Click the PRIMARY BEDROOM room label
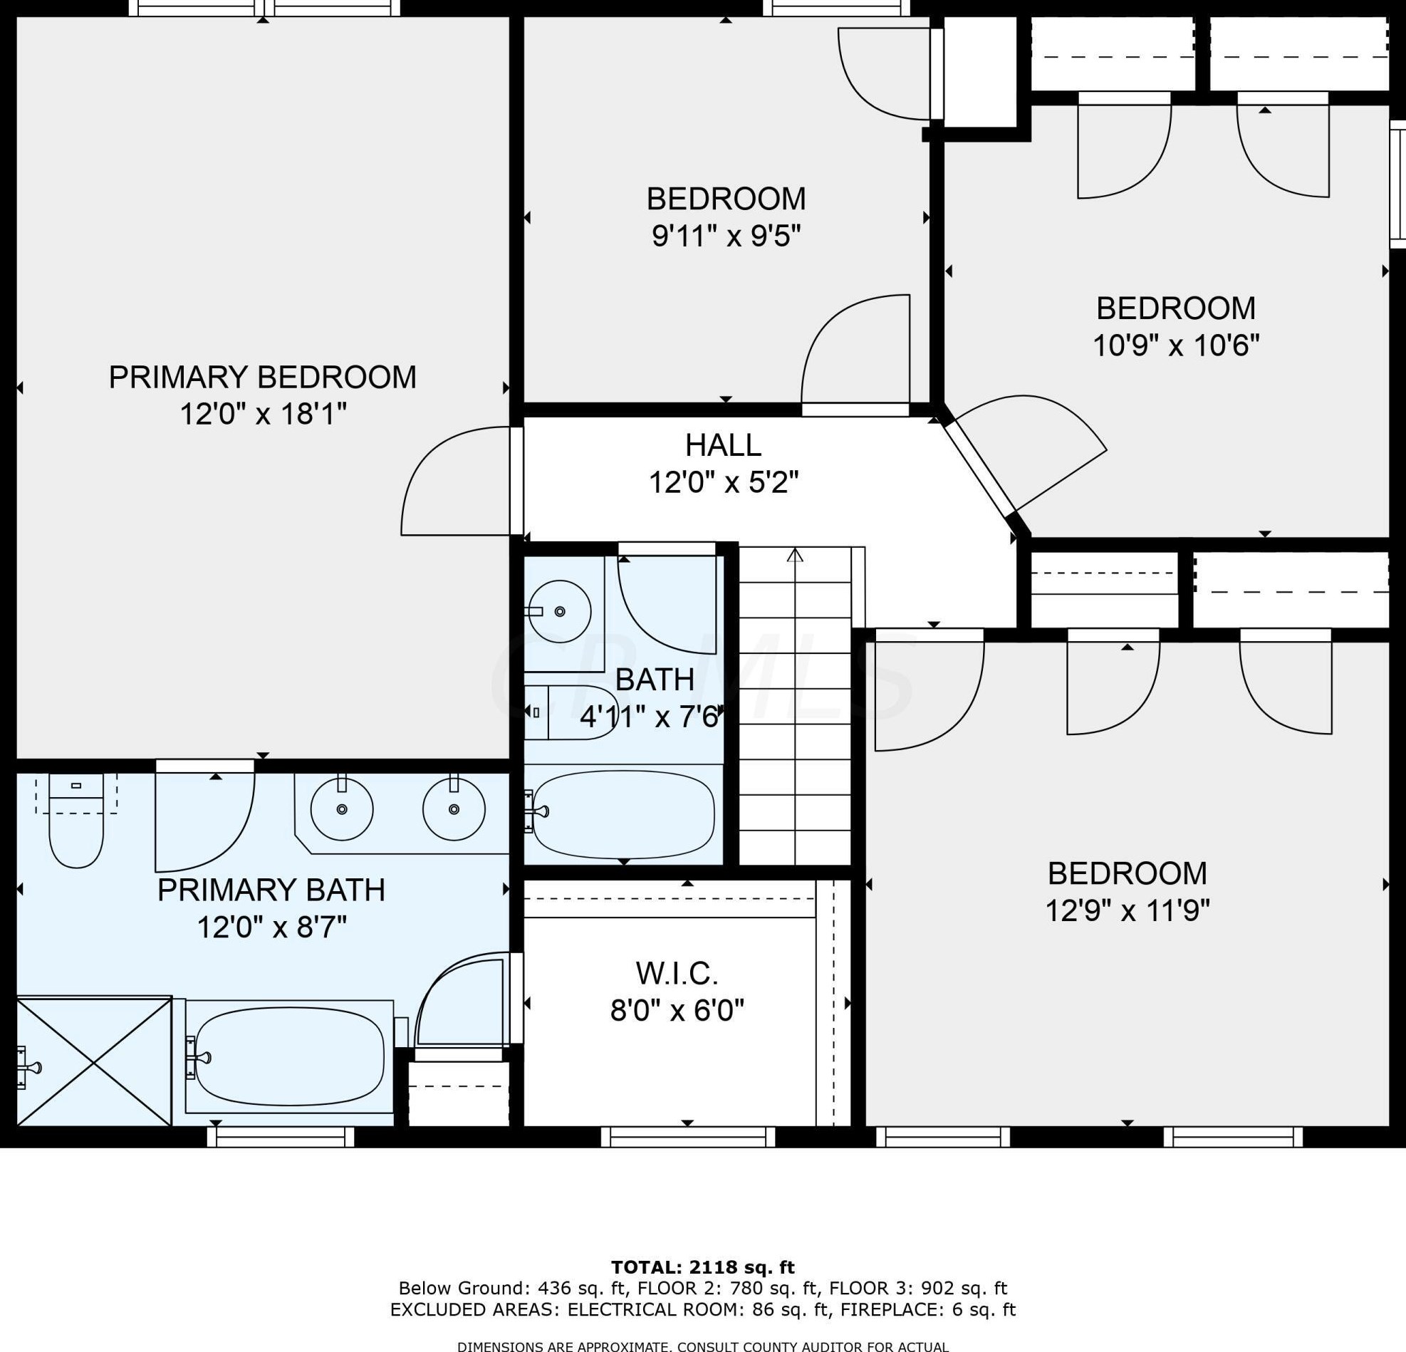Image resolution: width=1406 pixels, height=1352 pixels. (x=263, y=378)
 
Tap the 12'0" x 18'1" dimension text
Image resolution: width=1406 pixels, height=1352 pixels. (x=264, y=414)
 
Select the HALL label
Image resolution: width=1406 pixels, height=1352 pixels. (x=723, y=445)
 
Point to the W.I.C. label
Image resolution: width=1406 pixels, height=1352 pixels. (x=677, y=973)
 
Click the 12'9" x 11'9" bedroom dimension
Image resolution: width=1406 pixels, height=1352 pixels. (x=1128, y=911)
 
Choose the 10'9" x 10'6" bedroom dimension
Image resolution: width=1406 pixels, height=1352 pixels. (x=1176, y=345)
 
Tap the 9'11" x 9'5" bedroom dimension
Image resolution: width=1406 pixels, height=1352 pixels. (x=726, y=235)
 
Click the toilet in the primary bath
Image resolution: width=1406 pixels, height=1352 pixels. (x=76, y=821)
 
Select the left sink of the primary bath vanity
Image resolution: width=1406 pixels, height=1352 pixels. (x=342, y=809)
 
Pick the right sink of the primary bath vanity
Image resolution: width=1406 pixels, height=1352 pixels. (x=454, y=809)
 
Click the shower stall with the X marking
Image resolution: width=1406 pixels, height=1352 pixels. (x=94, y=1061)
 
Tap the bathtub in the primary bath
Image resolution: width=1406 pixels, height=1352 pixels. (x=289, y=1057)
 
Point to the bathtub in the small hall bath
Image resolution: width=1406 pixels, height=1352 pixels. (x=623, y=814)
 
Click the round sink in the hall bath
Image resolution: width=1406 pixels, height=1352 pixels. (x=560, y=612)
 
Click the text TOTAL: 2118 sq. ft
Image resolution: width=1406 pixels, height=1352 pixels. (x=702, y=1267)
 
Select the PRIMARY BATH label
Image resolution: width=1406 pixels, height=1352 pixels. (x=271, y=890)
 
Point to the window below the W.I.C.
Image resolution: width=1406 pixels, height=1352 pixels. (x=688, y=1137)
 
